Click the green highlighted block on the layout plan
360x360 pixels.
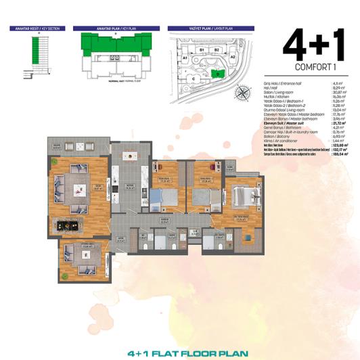218,73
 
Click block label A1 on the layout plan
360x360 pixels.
184,58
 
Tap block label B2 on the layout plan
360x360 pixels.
217,50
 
